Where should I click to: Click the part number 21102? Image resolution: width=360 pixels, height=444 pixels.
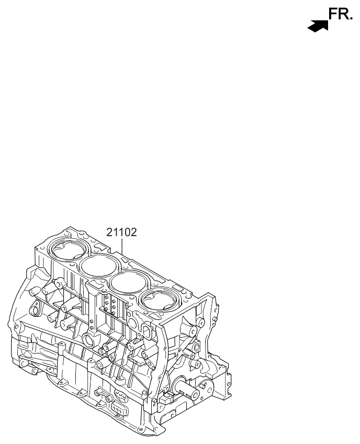click(x=121, y=232)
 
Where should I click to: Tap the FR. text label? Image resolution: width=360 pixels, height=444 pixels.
click(x=341, y=15)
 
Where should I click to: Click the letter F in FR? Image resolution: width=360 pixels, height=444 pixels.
click(x=333, y=15)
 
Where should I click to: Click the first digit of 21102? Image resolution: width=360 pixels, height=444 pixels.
click(x=110, y=232)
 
